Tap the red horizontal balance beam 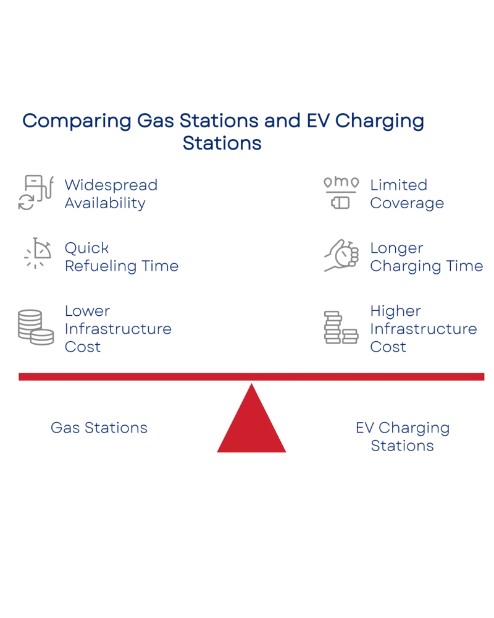pos(251,376)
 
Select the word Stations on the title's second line pos(222,144)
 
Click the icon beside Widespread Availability pos(35,193)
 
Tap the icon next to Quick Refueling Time pos(36,252)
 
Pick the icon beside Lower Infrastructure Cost pos(34,326)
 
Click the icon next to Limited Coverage pos(340,193)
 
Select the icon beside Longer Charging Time pos(341,255)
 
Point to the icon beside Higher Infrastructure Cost pos(340,326)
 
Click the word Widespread pos(111,185)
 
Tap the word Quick pos(87,248)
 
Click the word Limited pos(399,185)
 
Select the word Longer pos(396,248)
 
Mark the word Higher pos(395,310)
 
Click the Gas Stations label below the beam pos(99,427)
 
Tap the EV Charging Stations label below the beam pos(402,436)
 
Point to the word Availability pos(105,203)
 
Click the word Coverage pos(407,203)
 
